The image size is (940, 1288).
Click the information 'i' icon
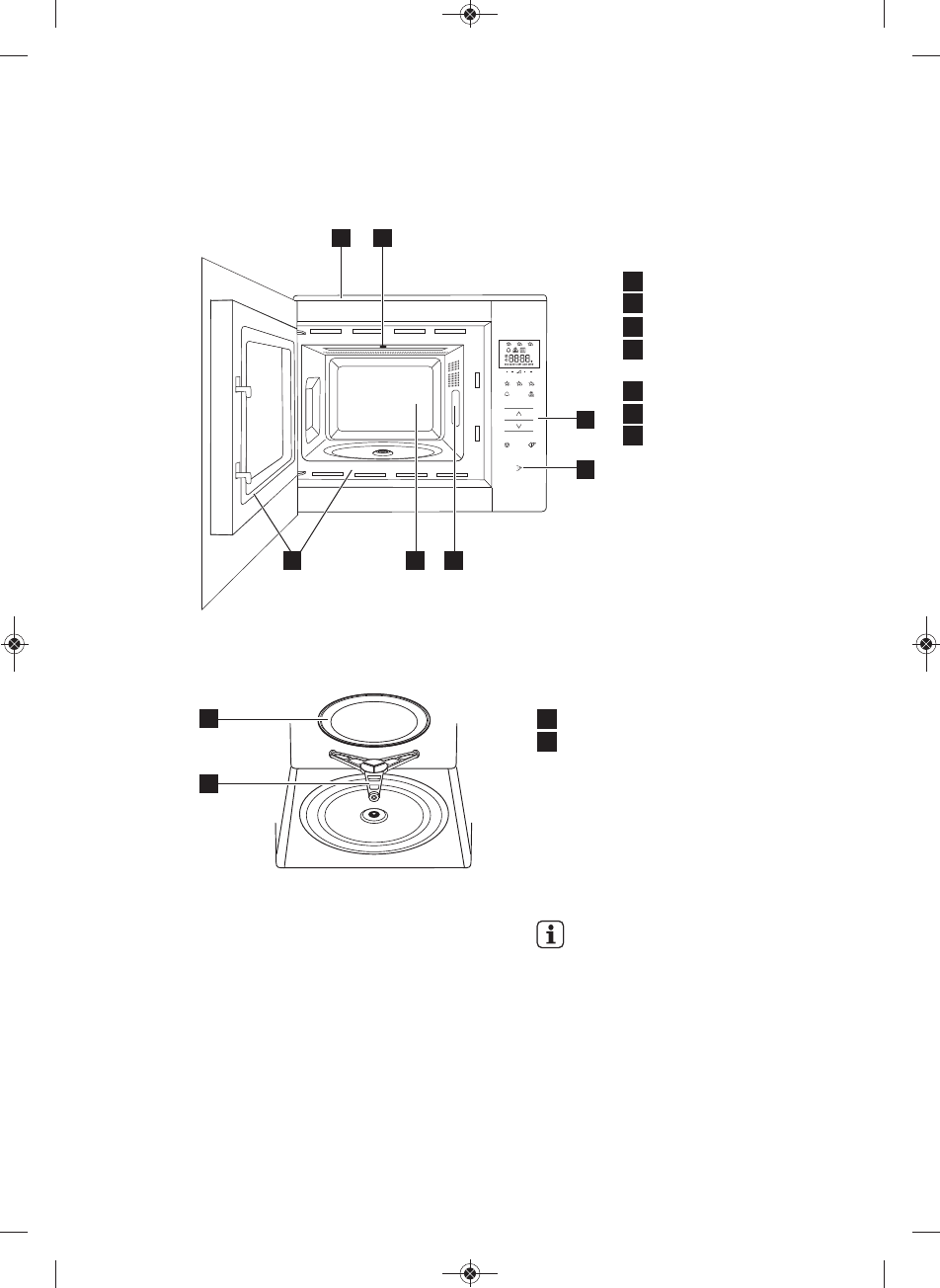pos(549,935)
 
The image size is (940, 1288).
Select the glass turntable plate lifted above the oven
pos(367,722)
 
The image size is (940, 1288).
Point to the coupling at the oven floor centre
pos(372,815)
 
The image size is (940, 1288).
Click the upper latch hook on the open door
pos(242,392)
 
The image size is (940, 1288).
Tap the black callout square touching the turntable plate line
pos(208,719)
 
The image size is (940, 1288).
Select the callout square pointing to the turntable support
pos(208,783)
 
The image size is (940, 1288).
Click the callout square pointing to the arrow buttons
pos(587,419)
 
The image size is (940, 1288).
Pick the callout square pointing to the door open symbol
pos(587,470)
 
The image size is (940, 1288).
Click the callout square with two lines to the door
pos(292,560)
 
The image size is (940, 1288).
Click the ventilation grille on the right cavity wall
pos(454,373)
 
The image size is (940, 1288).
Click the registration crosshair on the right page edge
pos(926,643)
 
